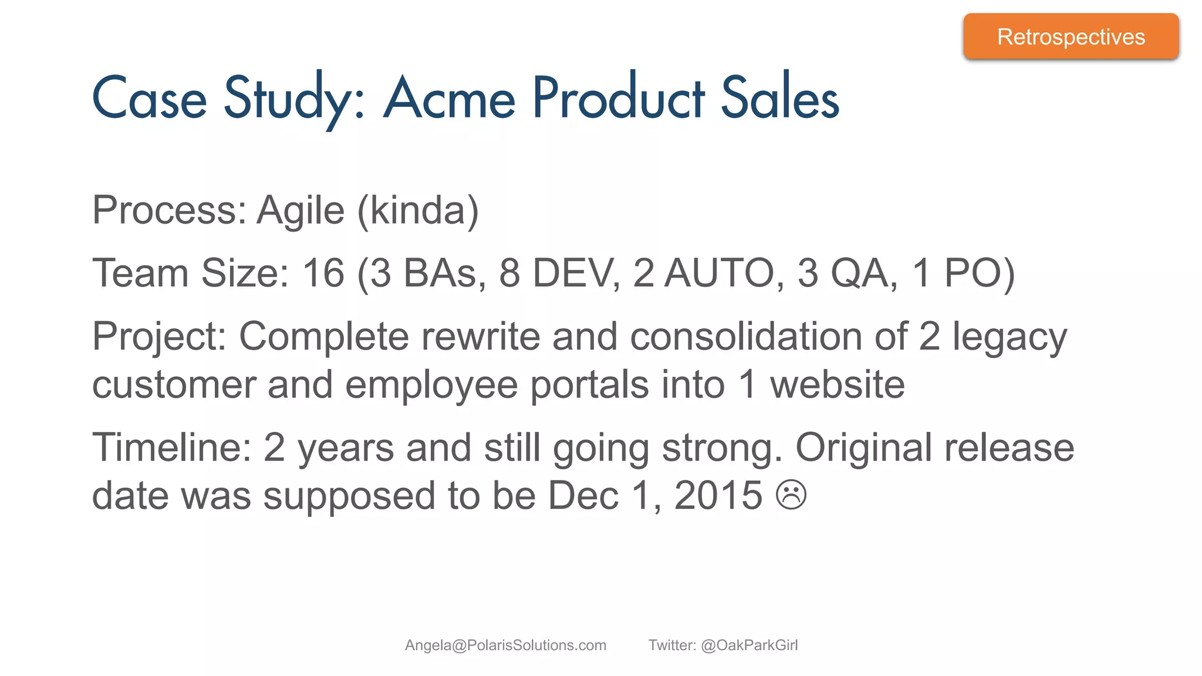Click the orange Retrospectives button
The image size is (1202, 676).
1071,36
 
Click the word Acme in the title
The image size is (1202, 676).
449,98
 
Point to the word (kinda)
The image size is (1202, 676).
418,210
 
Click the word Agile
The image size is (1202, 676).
300,210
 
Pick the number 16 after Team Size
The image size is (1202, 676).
323,273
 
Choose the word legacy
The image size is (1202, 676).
1009,337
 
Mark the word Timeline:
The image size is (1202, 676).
172,447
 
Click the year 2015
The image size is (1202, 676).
718,495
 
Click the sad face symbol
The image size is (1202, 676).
791,495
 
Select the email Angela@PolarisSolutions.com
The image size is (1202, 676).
505,645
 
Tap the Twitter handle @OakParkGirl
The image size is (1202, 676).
749,645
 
